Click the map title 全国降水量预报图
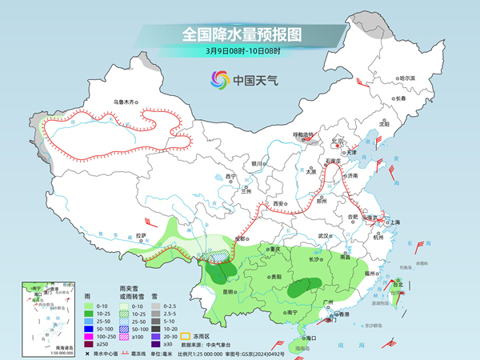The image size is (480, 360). tap(241, 34)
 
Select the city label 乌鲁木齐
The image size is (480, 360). tap(126, 102)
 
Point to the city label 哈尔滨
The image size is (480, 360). tap(407, 78)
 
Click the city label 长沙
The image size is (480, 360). tap(295, 259)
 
